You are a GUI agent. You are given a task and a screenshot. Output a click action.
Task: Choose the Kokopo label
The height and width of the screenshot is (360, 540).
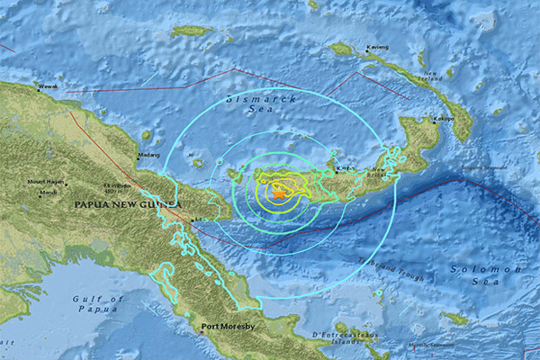click(442, 117)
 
